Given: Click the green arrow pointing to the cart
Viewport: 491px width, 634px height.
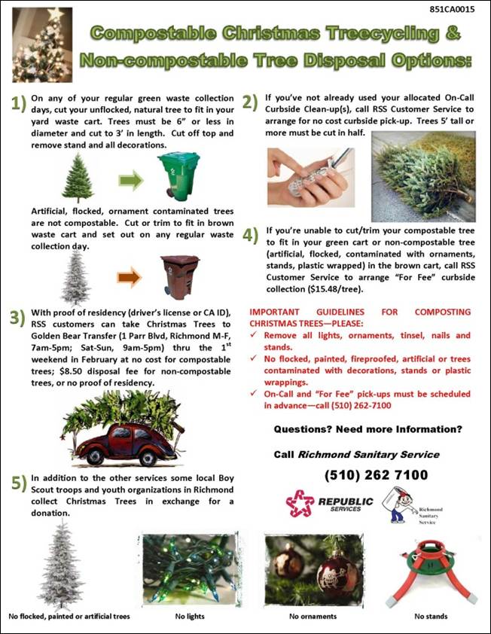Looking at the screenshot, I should (131, 181).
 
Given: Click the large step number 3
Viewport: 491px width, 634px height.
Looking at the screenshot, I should (17, 318).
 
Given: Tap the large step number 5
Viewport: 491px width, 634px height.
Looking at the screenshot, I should (17, 483).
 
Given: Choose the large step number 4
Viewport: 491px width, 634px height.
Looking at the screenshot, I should (251, 234).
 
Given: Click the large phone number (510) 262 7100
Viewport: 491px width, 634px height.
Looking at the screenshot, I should (375, 475).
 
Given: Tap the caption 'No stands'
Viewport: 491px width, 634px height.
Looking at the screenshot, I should (430, 616).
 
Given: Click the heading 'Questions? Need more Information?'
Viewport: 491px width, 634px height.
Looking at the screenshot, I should (367, 429).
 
